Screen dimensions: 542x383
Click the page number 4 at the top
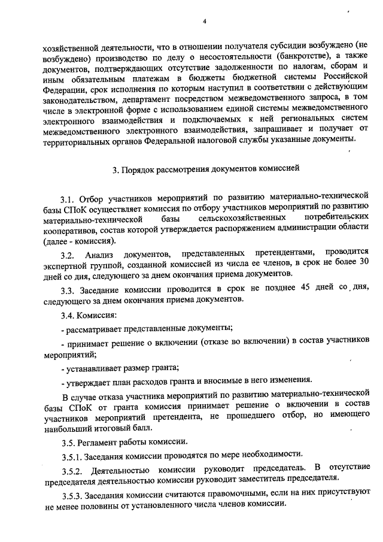pyautogui.click(x=204, y=22)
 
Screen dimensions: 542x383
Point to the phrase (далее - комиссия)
pyautogui.click(x=80, y=241)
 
